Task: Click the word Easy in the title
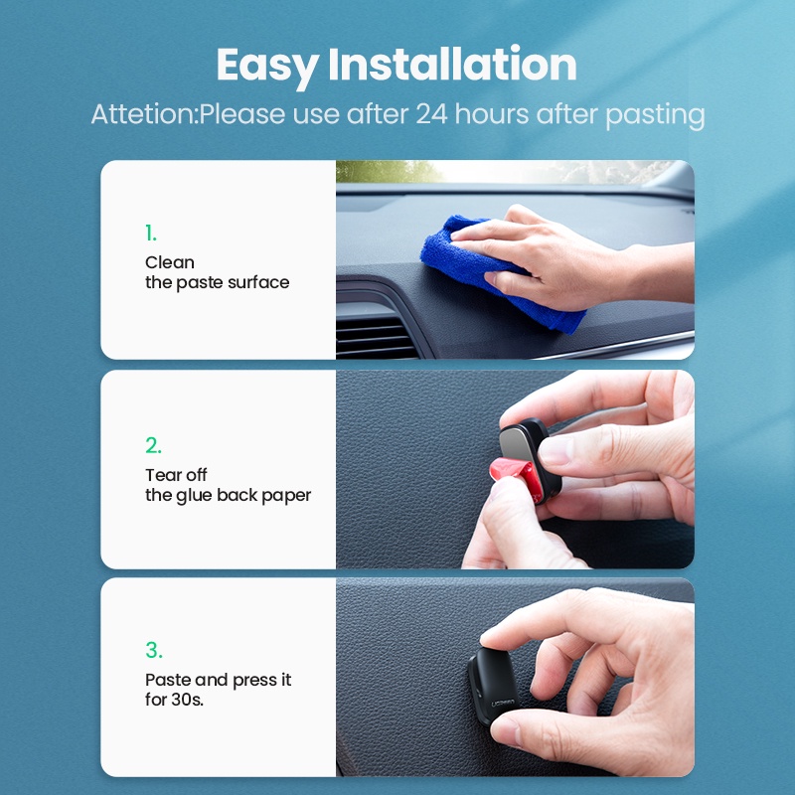coord(267,65)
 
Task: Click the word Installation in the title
coord(452,64)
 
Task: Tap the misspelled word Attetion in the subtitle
coord(142,113)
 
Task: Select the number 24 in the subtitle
coord(432,113)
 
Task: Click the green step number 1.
coord(151,234)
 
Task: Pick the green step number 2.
coord(153,445)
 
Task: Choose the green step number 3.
coord(154,650)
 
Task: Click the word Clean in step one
coord(169,262)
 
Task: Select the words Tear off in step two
coord(176,475)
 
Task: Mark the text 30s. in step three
coord(187,700)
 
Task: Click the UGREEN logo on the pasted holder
coord(503,704)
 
